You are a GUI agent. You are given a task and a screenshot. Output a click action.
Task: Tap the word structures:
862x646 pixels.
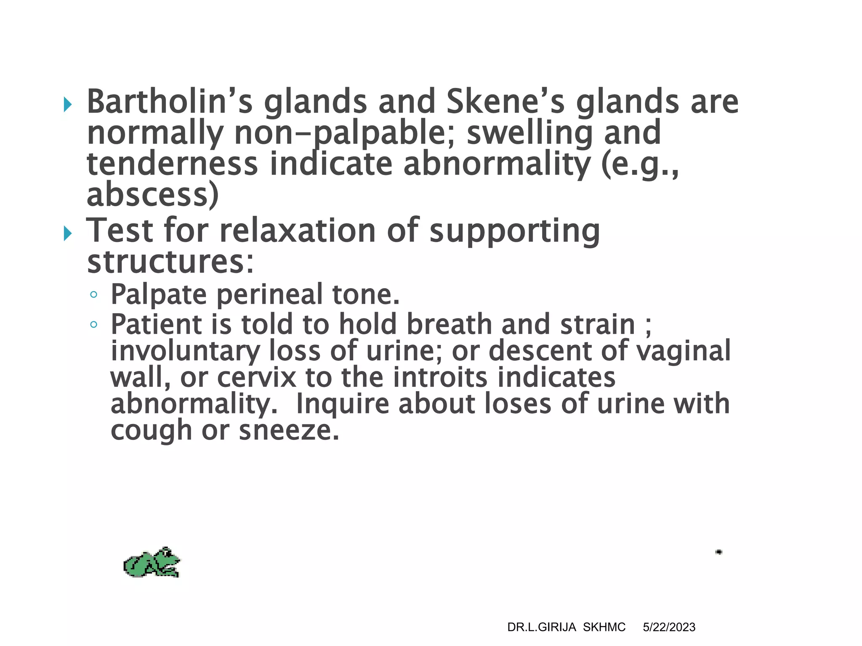point(170,262)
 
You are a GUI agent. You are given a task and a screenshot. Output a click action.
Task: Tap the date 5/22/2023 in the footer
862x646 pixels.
point(669,627)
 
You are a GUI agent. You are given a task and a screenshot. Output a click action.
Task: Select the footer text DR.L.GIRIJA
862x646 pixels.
point(541,627)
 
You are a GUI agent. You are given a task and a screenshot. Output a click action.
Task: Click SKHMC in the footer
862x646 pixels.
point(604,627)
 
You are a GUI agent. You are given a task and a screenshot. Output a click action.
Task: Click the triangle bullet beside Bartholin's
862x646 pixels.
point(67,104)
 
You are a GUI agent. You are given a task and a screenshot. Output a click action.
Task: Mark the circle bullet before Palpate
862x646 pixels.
point(93,294)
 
